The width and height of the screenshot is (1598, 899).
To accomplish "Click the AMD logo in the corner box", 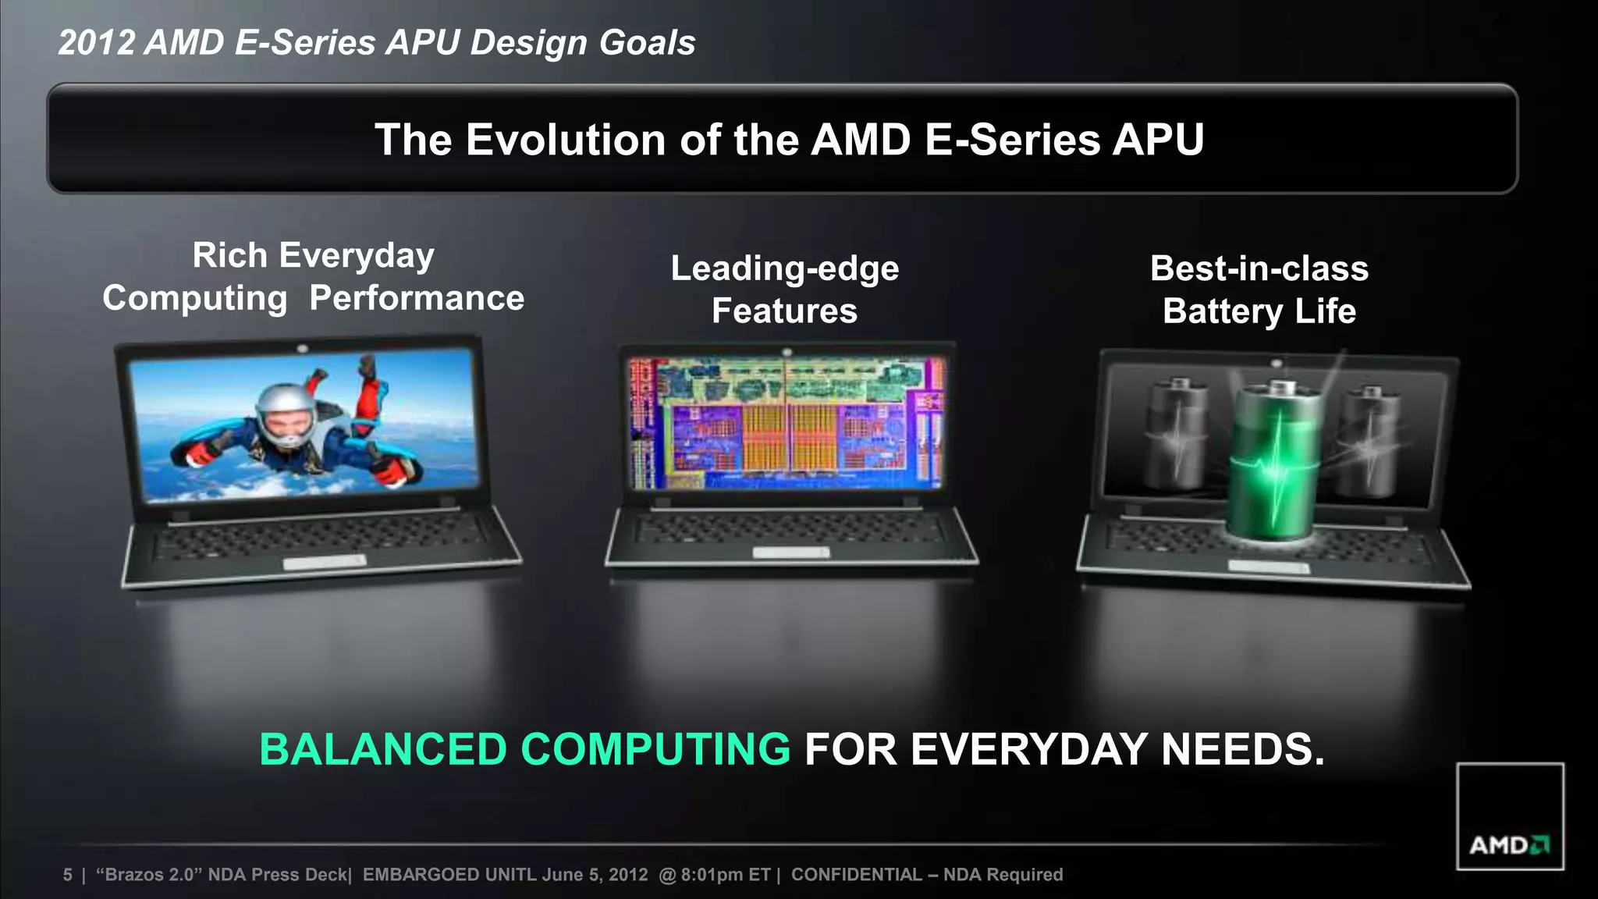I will point(1509,845).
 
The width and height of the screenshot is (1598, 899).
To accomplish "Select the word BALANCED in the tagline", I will point(383,749).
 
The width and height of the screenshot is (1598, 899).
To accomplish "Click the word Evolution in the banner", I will point(566,140).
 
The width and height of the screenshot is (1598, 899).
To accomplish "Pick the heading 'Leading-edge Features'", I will point(785,290).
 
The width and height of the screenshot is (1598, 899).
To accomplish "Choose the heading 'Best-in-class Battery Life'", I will point(1259,290).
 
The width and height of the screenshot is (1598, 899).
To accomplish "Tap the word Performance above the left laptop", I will point(417,298).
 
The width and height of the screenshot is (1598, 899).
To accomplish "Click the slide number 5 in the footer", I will point(68,875).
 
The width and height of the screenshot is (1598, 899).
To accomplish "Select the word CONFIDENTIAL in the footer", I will point(856,875).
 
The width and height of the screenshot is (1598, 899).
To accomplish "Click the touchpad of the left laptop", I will point(324,562).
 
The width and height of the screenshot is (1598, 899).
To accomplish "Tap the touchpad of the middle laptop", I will point(790,553).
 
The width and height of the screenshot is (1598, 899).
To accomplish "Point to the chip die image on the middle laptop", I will point(786,424).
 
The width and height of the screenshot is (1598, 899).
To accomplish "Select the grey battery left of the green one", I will point(1177,433).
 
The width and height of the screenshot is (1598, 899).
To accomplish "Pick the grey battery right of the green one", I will point(1371,441).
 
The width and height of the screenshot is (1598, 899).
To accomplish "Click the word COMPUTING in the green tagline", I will point(655,749).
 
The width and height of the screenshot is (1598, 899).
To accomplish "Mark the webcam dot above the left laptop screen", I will point(302,348).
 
